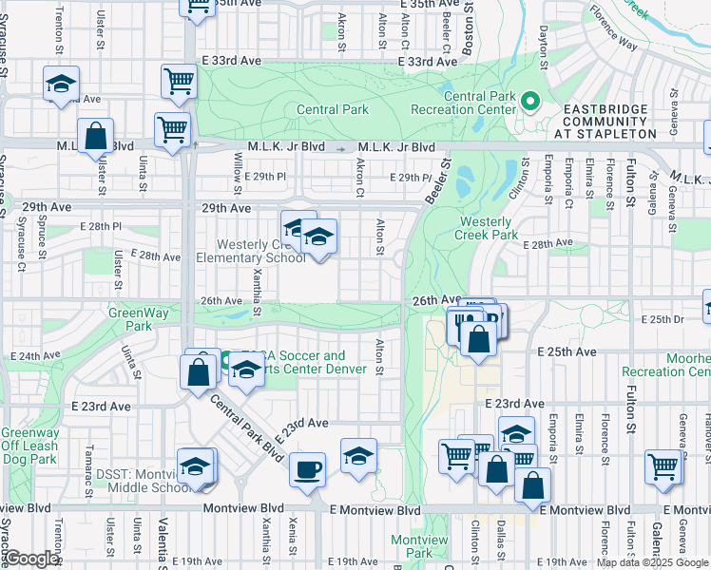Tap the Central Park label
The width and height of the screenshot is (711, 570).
[332, 109]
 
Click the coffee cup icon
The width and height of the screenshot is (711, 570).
[306, 469]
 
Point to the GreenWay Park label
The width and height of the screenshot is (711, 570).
[130, 319]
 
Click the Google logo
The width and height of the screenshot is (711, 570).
[31, 560]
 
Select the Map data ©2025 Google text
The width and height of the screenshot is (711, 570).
[652, 562]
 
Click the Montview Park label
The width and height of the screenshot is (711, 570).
[419, 546]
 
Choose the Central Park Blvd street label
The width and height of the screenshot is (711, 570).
[249, 426]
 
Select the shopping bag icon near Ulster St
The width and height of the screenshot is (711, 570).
[95, 138]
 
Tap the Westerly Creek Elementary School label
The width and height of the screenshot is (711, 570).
[250, 251]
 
